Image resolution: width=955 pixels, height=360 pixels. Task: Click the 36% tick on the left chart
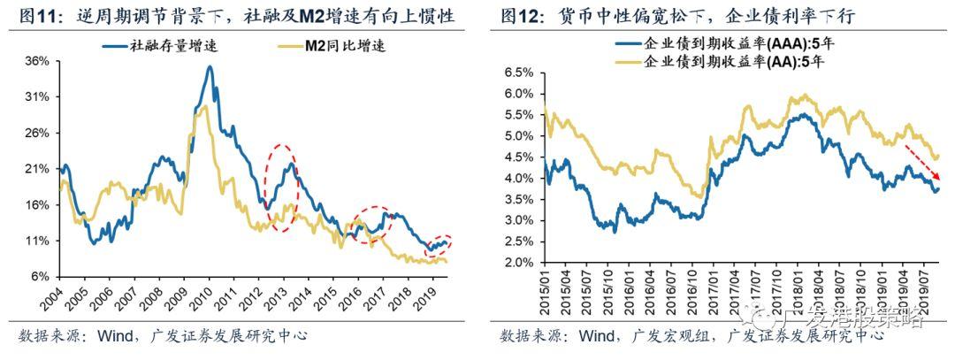pos(36,61)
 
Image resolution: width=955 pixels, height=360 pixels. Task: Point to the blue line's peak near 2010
pos(210,67)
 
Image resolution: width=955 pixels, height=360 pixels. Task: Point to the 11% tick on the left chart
pos(36,241)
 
